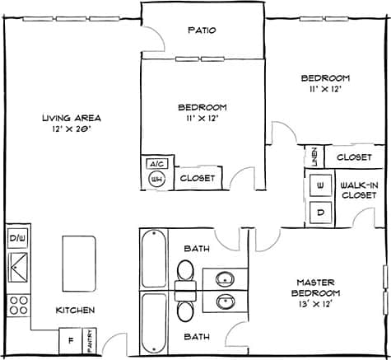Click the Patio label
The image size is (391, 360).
tap(202, 30)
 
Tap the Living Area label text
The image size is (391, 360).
tap(65, 123)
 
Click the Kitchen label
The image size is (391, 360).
tap(75, 311)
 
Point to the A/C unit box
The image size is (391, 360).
tap(156, 164)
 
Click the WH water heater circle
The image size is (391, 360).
tap(156, 179)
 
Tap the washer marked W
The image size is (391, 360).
tap(320, 185)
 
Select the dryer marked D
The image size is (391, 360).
tap(320, 212)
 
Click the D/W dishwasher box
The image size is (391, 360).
tap(17, 239)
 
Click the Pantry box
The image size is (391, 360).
tap(90, 339)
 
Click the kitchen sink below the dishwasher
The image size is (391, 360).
tap(17, 265)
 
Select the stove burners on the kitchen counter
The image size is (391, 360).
tap(16, 306)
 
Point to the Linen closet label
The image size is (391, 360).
tap(314, 155)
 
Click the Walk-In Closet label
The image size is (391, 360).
tap(359, 190)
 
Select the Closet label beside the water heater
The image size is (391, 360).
tap(197, 178)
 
